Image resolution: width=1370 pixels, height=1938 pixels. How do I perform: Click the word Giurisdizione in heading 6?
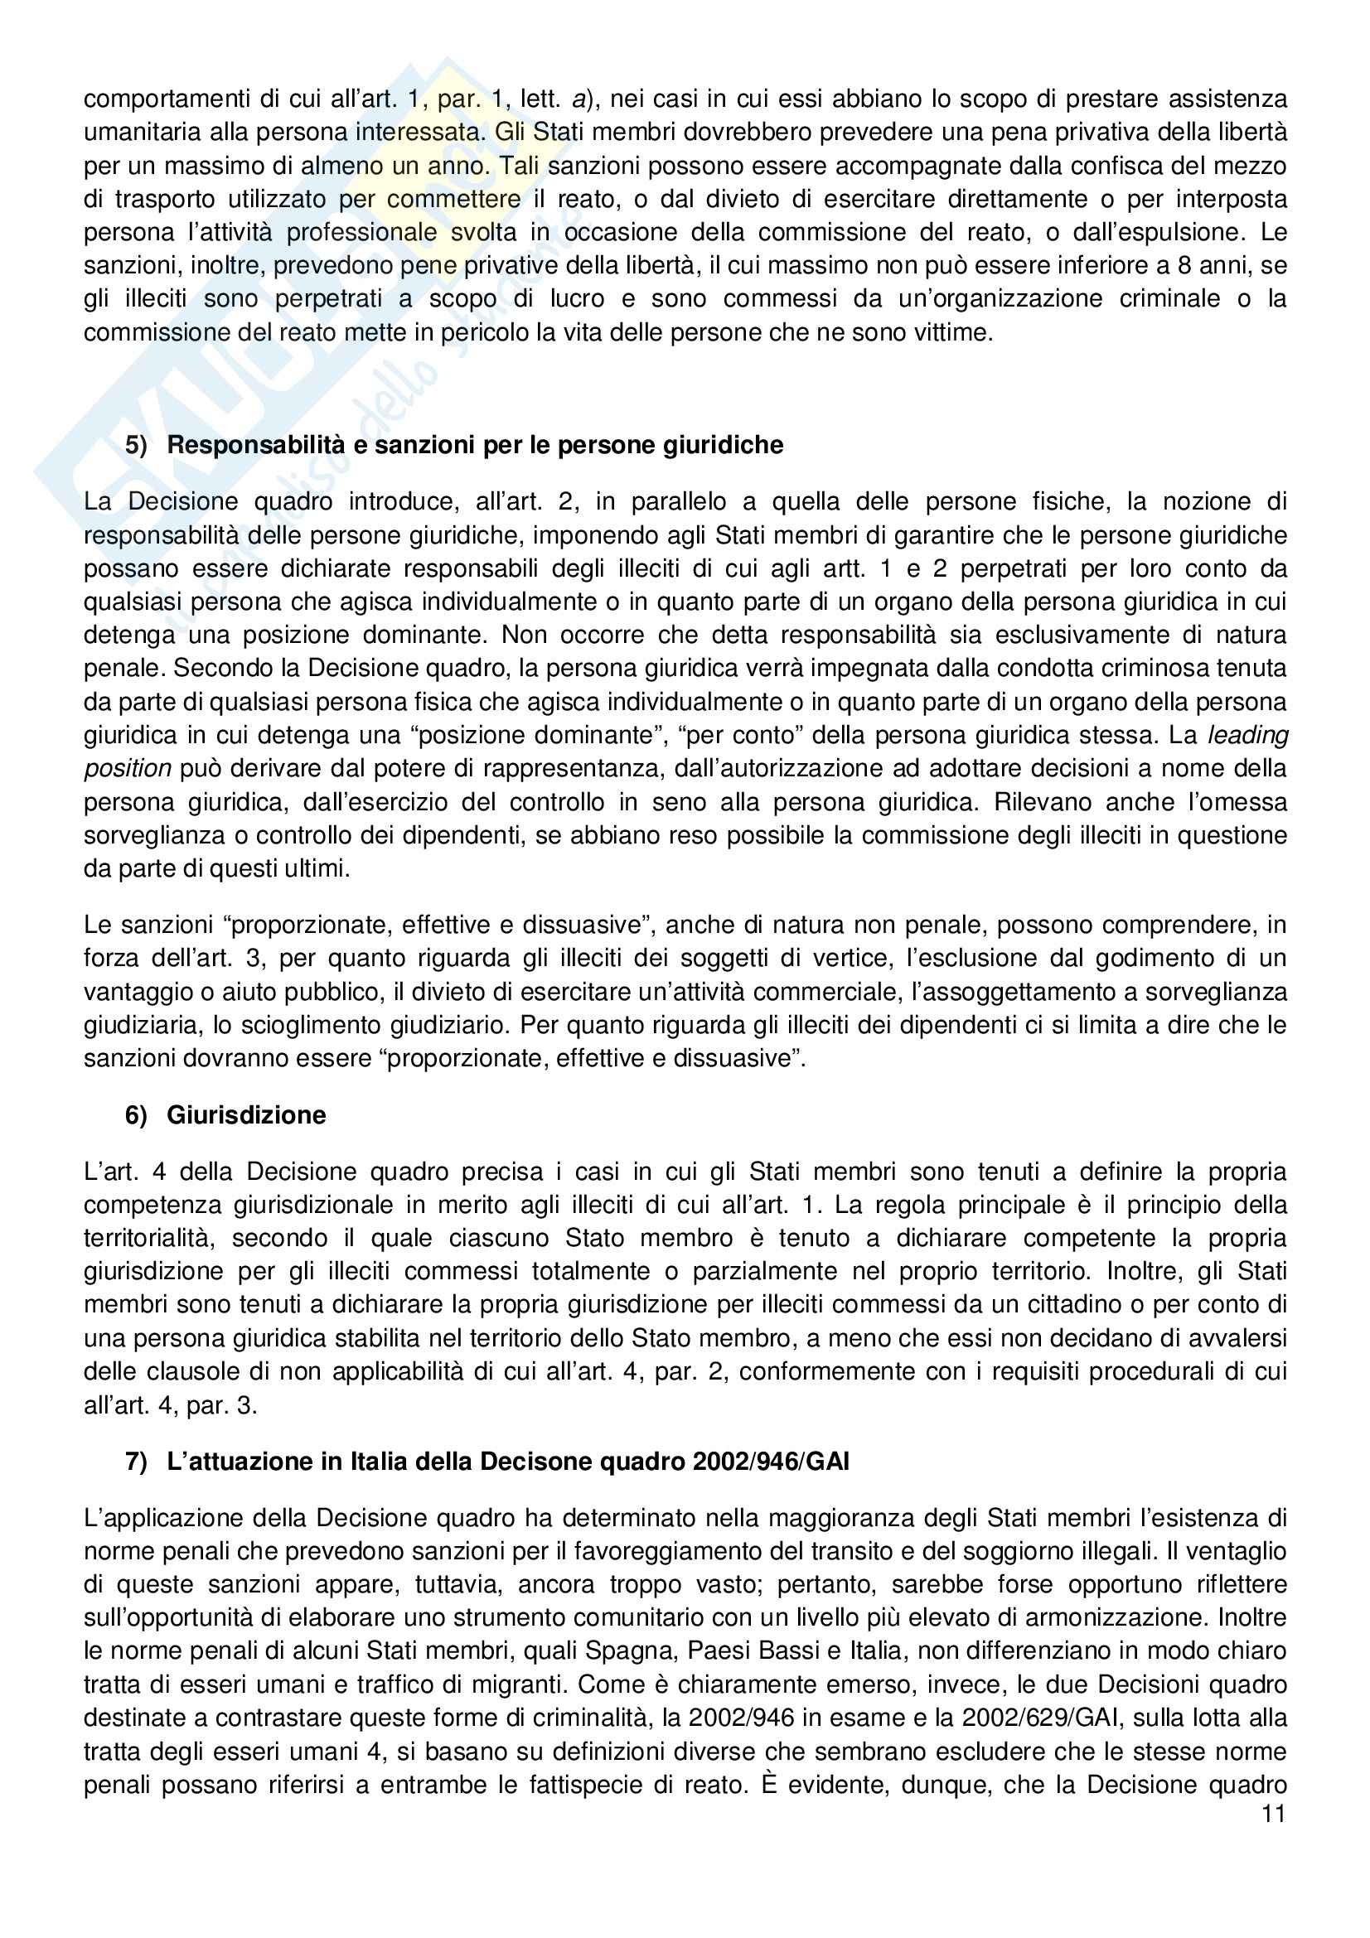(245, 1115)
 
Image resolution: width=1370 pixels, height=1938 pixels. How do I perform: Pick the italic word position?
(128, 769)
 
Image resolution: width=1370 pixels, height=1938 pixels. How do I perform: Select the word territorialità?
(151, 1238)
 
